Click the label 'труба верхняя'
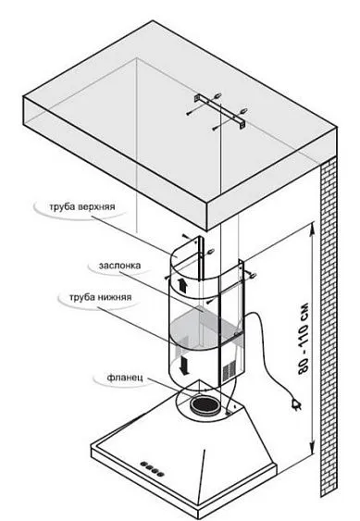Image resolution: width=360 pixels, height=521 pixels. point(82,206)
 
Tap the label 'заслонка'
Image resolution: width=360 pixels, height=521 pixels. point(119,266)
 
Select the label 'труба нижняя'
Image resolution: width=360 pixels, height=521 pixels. point(100,297)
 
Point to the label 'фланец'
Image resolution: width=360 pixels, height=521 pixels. point(125,378)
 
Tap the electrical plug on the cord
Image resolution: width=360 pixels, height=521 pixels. point(295,404)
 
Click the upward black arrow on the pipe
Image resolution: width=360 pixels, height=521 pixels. point(182,285)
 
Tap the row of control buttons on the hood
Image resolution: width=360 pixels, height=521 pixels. point(152,468)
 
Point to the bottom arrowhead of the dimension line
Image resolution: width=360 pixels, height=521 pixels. point(312,450)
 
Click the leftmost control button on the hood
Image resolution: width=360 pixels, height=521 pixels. point(143,465)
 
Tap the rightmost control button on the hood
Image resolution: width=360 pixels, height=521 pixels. point(160,473)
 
